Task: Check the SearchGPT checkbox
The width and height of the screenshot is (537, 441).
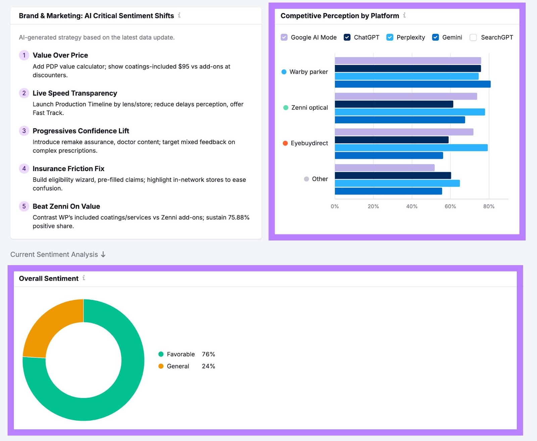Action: tap(473, 37)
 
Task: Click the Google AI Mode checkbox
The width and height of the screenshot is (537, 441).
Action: tap(284, 37)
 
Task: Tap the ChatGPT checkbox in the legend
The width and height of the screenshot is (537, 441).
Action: tap(347, 37)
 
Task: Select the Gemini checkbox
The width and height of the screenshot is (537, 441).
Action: tap(435, 37)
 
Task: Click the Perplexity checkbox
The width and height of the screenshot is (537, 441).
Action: tap(390, 37)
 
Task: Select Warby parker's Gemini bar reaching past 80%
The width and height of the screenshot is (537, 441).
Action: tap(412, 84)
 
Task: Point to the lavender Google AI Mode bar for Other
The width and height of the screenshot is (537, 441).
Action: tap(384, 168)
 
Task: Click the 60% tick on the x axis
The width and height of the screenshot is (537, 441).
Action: tap(450, 206)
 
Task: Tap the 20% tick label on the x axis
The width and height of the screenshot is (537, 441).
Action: tap(373, 206)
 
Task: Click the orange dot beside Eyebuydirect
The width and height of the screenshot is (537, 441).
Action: tap(285, 143)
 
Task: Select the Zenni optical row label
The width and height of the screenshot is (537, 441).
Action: tap(309, 108)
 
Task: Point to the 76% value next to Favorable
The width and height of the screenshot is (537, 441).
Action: tap(208, 354)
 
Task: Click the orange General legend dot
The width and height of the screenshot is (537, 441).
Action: tap(161, 366)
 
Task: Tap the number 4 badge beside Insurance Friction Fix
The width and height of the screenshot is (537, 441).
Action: tap(24, 168)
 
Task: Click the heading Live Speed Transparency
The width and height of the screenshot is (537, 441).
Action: tap(75, 93)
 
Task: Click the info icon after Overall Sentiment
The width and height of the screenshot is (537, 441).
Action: tap(84, 278)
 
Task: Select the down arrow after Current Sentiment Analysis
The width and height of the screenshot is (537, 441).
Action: tap(103, 255)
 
